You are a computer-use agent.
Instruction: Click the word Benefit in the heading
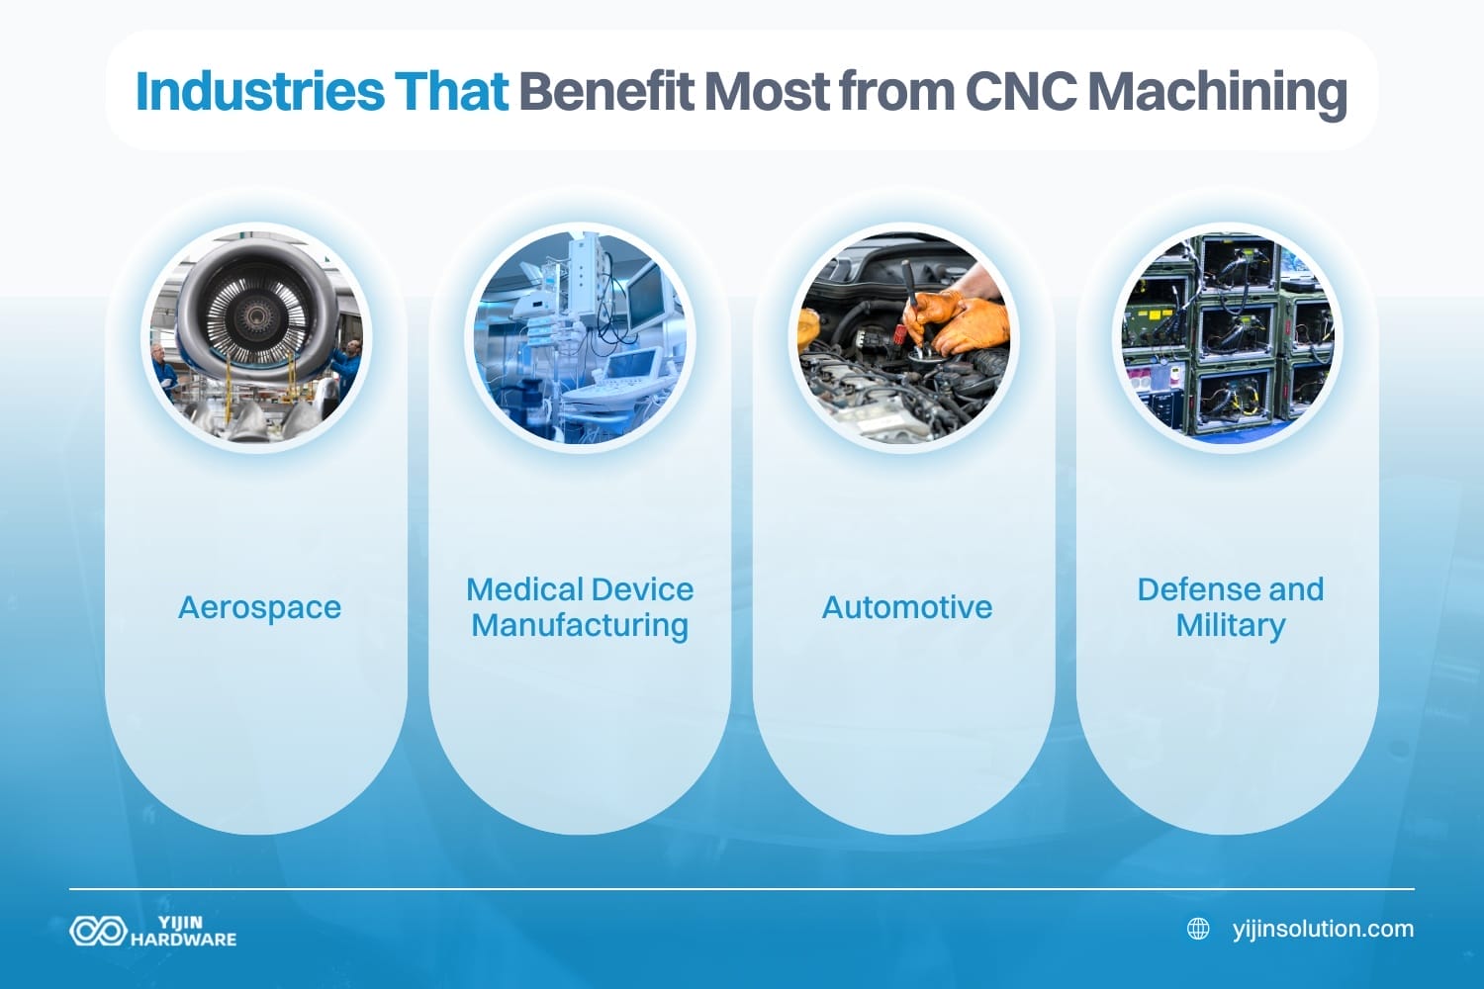click(605, 91)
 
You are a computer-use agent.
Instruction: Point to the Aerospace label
click(259, 607)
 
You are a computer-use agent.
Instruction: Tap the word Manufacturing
click(580, 625)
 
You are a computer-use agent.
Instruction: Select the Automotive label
click(906, 607)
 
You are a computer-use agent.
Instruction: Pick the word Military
click(1231, 625)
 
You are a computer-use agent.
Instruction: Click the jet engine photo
click(257, 336)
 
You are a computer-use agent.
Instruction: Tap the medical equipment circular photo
click(580, 336)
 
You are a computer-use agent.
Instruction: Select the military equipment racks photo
click(1228, 336)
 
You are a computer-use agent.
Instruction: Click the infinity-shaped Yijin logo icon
click(97, 931)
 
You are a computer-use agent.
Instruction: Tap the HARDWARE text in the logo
click(184, 940)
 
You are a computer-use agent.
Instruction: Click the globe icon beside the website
click(1198, 929)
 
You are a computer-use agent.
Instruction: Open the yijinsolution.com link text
click(1323, 929)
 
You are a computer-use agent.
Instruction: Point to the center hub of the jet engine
click(256, 315)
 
